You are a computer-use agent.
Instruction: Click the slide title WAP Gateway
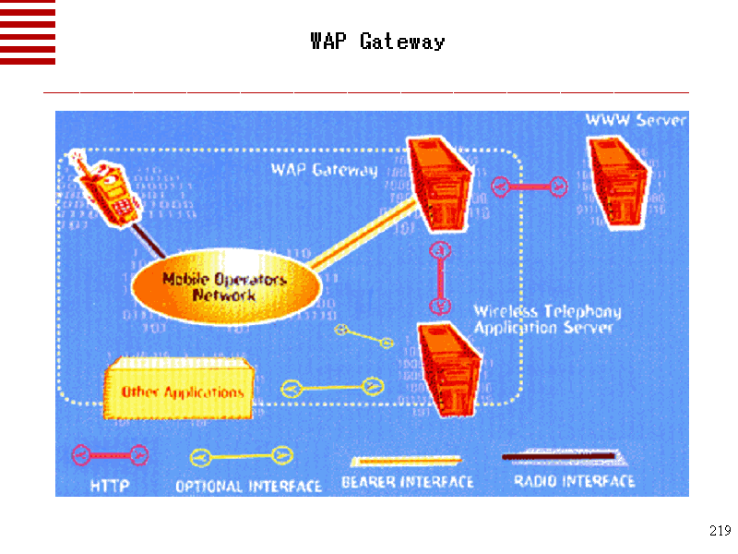(377, 42)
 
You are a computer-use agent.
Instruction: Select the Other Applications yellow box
(181, 391)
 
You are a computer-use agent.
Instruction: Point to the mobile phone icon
(109, 188)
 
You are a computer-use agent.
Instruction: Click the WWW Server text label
(636, 121)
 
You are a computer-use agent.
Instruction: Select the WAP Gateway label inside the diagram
(324, 170)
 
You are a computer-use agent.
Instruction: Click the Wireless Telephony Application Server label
(546, 319)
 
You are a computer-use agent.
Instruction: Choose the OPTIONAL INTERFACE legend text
(248, 486)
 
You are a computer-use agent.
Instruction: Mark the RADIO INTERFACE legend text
(574, 481)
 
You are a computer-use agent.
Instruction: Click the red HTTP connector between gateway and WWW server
(530, 187)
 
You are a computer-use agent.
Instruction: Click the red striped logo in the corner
(28, 32)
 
